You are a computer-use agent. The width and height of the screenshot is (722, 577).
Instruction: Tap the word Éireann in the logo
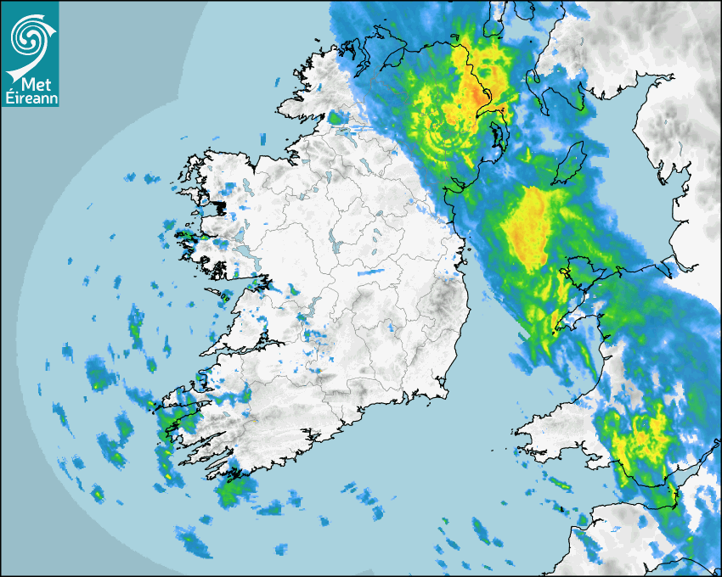pyautogui.click(x=31, y=98)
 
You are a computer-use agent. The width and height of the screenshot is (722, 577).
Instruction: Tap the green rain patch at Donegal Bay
pyautogui.click(x=339, y=118)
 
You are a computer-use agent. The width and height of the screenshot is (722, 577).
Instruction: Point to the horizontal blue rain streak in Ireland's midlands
pyautogui.click(x=370, y=273)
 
